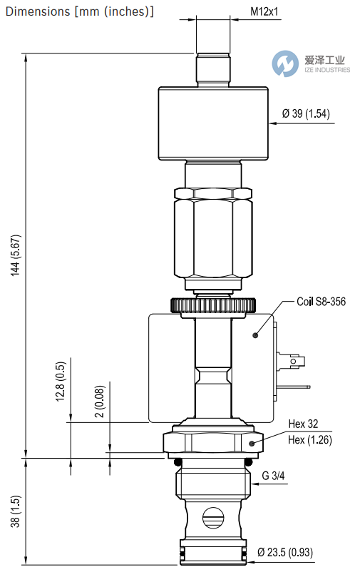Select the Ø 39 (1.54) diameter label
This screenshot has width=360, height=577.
pyautogui.click(x=306, y=113)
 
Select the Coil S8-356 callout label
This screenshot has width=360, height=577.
pyautogui.click(x=322, y=302)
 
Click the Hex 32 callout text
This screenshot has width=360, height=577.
pyautogui.click(x=303, y=424)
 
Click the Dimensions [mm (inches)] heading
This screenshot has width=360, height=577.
pyautogui.click(x=78, y=11)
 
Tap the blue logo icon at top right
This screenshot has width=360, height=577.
pyautogui.click(x=285, y=63)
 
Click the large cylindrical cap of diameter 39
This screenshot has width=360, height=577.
pyautogui.click(x=212, y=124)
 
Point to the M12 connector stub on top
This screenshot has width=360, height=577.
pyautogui.click(x=212, y=68)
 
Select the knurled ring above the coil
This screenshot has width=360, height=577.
pyautogui.click(x=213, y=305)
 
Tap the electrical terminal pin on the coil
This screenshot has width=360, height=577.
pyautogui.click(x=294, y=362)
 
